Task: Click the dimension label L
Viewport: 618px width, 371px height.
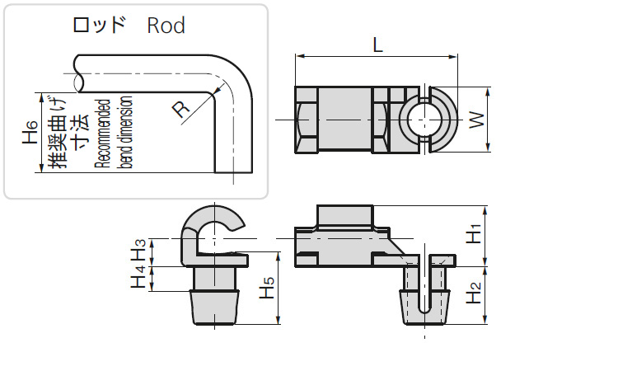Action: pos(377,46)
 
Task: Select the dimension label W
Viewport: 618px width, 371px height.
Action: pos(475,121)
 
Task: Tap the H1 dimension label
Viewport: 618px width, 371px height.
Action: pos(473,235)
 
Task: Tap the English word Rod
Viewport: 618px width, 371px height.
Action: pos(166,26)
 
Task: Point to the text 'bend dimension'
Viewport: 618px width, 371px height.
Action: pos(125,132)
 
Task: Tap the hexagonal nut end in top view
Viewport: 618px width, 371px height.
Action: pos(305,120)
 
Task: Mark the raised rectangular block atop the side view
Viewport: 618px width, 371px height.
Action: pos(345,217)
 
